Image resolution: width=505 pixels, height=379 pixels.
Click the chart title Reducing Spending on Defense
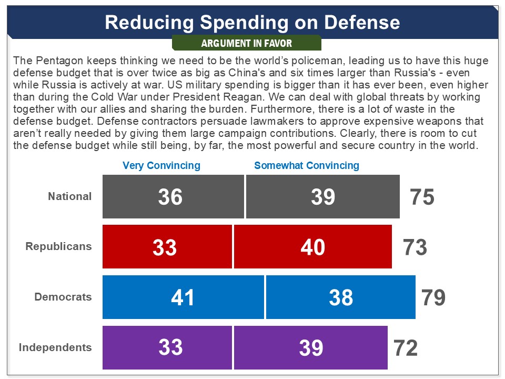click(x=252, y=22)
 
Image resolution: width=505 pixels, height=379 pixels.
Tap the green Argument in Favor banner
click(x=247, y=43)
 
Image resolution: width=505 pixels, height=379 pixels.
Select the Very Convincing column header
click(x=161, y=165)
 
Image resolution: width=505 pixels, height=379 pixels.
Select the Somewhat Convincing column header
click(x=307, y=165)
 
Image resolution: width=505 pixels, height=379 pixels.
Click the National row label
click(x=70, y=196)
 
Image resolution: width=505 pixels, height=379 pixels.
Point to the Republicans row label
click(x=58, y=246)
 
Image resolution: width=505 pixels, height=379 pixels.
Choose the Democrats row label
click(x=63, y=297)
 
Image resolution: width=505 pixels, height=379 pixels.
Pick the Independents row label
click(x=55, y=347)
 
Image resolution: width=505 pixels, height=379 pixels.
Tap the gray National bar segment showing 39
click(x=322, y=196)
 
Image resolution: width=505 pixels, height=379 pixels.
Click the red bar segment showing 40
click(x=313, y=247)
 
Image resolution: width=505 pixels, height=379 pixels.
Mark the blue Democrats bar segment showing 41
click(x=183, y=297)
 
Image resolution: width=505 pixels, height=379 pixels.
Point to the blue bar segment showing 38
click(x=341, y=297)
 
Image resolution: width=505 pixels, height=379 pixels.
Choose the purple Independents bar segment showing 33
click(x=167, y=347)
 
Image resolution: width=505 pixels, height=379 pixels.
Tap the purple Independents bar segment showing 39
click(x=311, y=347)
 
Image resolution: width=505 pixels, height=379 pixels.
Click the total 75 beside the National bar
click(x=422, y=197)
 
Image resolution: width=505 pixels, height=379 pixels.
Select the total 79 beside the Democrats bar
click(x=433, y=297)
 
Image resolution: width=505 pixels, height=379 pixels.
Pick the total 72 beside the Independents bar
click(x=406, y=348)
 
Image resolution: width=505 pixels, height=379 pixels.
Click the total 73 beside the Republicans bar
click(x=415, y=247)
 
